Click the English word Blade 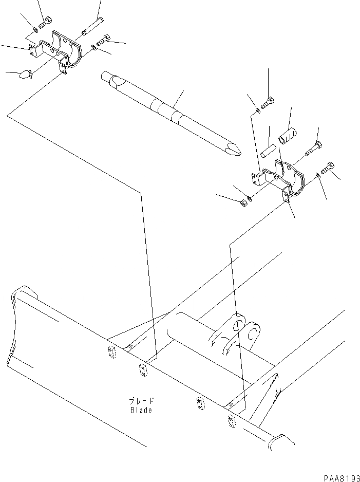click(x=141, y=410)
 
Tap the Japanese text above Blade click(x=142, y=401)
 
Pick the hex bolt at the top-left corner click(x=45, y=22)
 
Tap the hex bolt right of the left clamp click(x=105, y=40)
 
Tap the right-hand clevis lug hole click(x=253, y=336)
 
